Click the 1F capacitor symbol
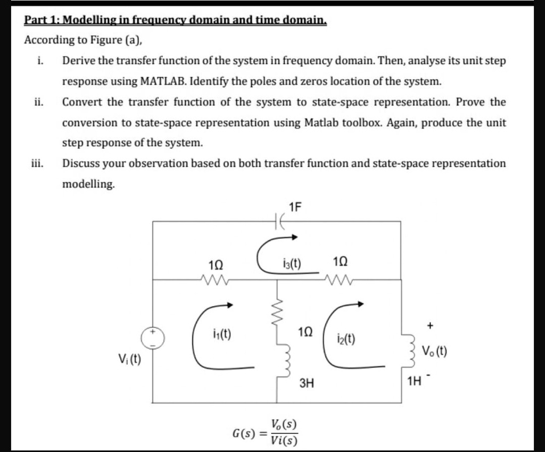(278, 221)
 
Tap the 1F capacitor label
(295, 206)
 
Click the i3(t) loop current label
(292, 263)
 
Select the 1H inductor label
(415, 381)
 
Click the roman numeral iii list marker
(37, 163)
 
